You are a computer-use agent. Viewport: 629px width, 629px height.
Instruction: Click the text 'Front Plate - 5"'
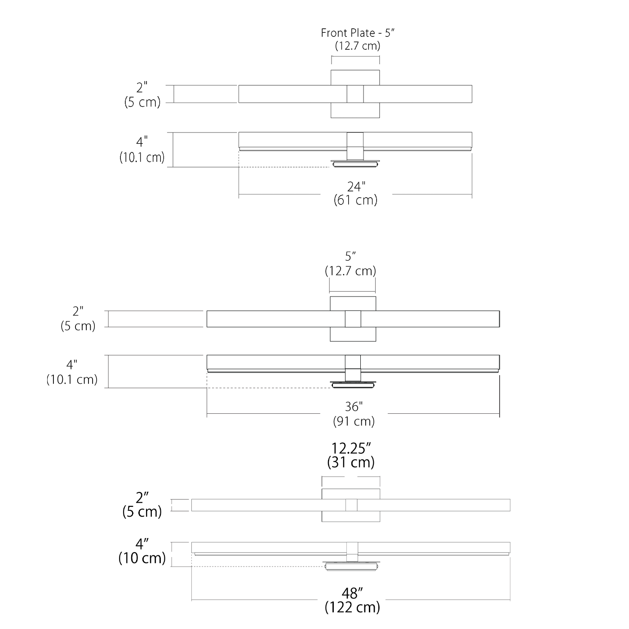358,33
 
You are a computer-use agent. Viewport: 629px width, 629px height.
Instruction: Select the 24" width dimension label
356,186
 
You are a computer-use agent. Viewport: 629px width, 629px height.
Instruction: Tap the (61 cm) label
355,200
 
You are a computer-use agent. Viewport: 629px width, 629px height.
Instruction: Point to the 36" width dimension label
354,407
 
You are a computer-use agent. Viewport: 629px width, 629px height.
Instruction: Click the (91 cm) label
354,421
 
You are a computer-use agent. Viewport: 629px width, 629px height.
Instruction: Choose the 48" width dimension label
352,593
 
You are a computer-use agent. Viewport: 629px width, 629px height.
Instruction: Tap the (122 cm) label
352,607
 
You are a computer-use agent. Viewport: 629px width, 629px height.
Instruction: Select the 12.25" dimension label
351,448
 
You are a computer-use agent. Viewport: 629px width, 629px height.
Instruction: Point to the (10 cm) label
142,558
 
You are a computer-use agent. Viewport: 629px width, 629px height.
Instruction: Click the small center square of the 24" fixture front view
355,94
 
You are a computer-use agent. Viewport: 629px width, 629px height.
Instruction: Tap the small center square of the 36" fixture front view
353,319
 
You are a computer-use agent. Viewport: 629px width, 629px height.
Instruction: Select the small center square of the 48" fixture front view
351,505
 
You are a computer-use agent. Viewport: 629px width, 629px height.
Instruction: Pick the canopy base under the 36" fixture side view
353,384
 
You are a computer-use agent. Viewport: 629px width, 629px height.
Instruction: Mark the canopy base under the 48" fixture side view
351,566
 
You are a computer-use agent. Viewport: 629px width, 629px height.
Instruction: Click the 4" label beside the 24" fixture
142,142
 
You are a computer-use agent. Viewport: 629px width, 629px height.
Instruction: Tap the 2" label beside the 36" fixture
78,311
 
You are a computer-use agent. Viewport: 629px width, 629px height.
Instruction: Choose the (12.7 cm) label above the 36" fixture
350,271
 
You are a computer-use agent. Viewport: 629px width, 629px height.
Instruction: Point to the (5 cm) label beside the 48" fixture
142,512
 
